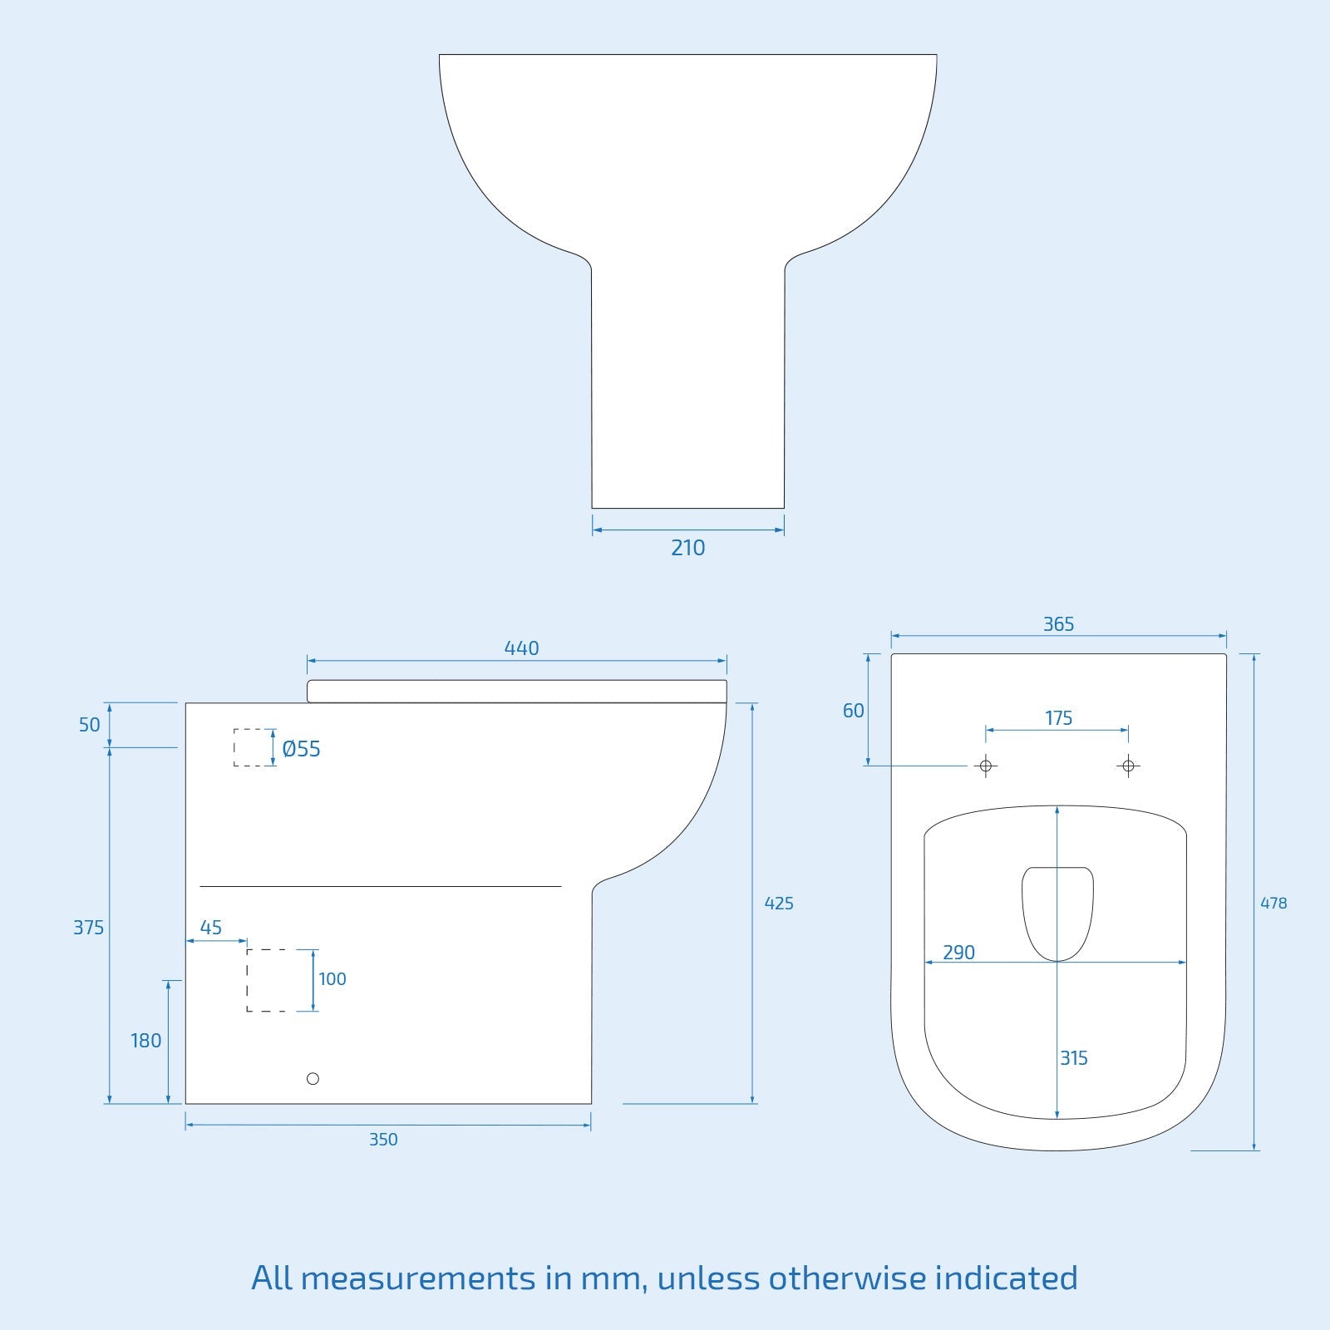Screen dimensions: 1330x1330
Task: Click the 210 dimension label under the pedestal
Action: tap(687, 548)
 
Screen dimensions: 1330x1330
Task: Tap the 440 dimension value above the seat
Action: tap(521, 648)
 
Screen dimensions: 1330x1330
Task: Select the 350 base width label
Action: tap(383, 1140)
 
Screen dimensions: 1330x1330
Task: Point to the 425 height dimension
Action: tap(779, 904)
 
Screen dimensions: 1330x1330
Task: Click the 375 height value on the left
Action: tap(89, 928)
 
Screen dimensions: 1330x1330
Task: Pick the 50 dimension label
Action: tap(89, 725)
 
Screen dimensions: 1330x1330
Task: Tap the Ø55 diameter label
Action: tap(301, 749)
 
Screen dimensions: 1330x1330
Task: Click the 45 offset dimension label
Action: tap(211, 928)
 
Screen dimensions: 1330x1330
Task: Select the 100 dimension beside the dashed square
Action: tap(332, 979)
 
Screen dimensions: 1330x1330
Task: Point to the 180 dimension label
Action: tap(145, 1041)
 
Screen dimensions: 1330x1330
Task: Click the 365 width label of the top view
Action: tap(1058, 624)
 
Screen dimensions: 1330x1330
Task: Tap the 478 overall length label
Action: tap(1273, 904)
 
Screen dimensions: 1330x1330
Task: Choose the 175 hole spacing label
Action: tap(1058, 718)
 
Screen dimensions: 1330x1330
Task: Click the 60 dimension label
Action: tap(854, 711)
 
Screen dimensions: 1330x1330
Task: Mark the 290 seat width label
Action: tap(958, 953)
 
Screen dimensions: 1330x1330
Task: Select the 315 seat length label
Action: tap(1074, 1058)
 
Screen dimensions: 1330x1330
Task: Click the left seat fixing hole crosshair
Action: tap(986, 766)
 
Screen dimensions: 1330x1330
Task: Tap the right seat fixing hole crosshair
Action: tap(1128, 766)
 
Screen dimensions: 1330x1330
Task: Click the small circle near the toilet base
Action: tap(313, 1079)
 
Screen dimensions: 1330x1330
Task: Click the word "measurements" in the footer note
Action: tap(419, 1278)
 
